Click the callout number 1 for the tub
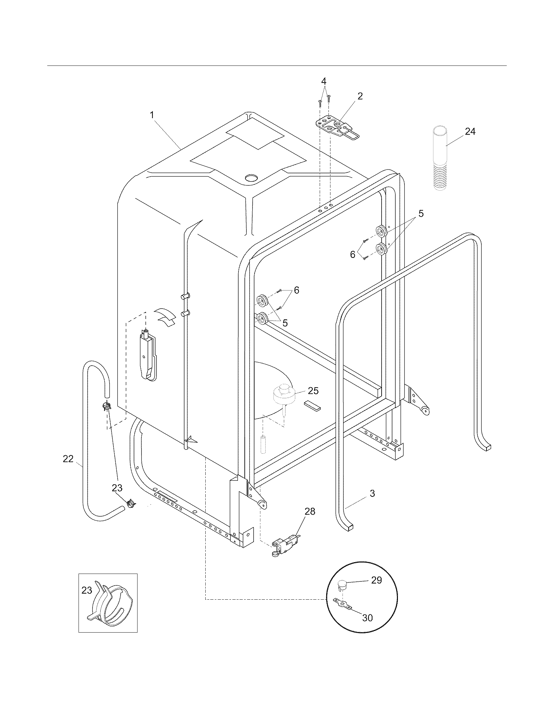tap(152, 115)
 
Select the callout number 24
tap(470, 132)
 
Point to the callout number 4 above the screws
tap(324, 81)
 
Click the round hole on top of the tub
tap(252, 178)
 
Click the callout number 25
tap(313, 391)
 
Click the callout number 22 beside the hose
tap(68, 459)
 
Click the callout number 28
tap(310, 511)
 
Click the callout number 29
tap(377, 580)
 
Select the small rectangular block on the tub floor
tap(313, 406)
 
